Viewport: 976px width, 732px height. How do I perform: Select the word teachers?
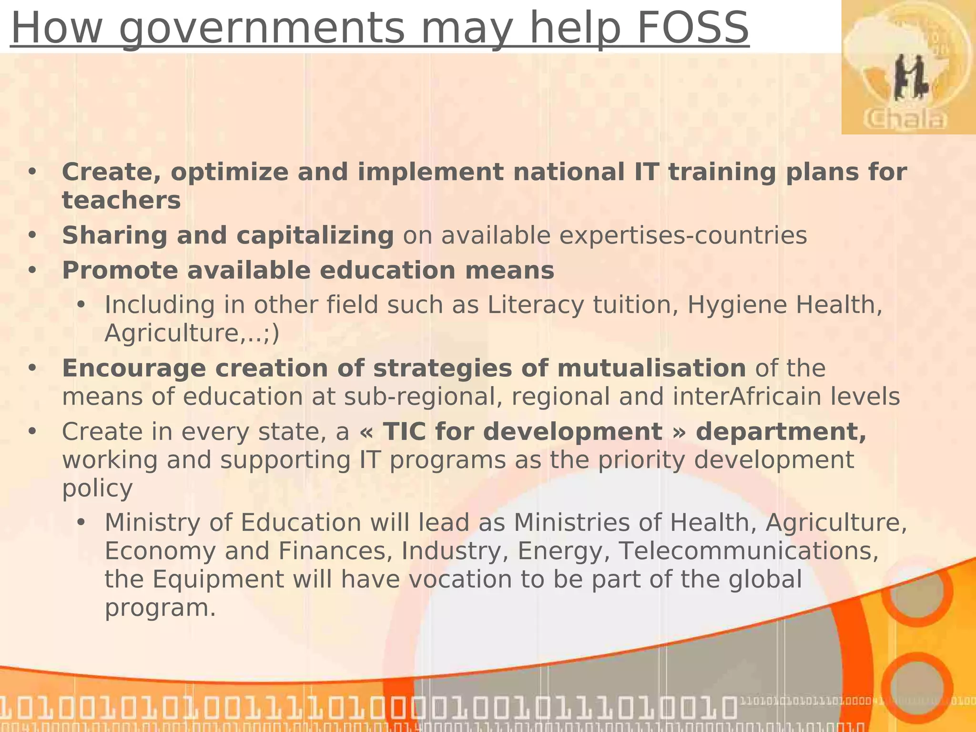tap(122, 200)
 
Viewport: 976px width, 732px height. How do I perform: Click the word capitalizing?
tap(315, 235)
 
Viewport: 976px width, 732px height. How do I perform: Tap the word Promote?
tap(119, 271)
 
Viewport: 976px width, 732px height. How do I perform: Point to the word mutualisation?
tap(651, 368)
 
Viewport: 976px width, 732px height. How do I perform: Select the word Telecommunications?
tap(748, 551)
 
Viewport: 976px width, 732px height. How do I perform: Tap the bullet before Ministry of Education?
tap(81, 523)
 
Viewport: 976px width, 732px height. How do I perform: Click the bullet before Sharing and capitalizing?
tap(32, 235)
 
